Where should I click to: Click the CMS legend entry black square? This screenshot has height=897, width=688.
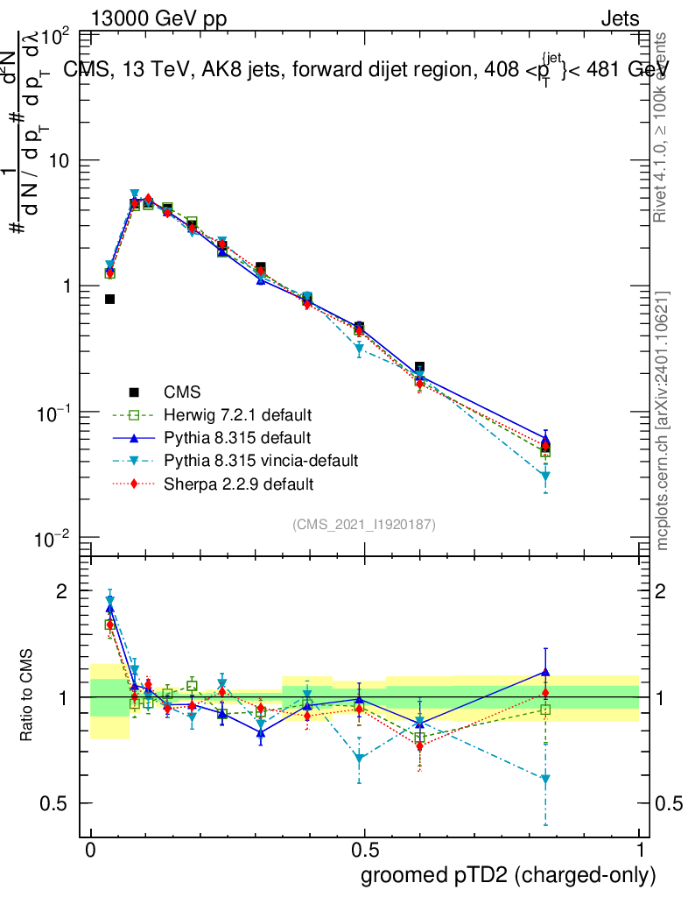coord(134,392)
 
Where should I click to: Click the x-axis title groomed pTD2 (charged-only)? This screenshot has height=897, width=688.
coord(508,875)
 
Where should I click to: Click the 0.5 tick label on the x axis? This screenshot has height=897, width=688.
coord(364,851)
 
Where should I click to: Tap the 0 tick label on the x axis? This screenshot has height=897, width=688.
coord(90,851)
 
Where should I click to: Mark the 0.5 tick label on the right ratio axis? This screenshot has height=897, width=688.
coord(669,804)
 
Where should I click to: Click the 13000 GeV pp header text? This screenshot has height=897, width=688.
coord(158,19)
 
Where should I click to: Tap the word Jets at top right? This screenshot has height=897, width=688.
coord(619,19)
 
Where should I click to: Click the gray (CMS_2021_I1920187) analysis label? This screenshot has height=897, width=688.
coord(364,525)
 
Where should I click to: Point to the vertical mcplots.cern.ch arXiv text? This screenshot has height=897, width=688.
coord(663,420)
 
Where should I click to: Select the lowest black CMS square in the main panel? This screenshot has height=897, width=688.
coord(110,300)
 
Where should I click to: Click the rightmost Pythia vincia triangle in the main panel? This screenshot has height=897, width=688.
coord(545,477)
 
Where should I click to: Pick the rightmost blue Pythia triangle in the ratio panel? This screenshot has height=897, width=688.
coord(545,672)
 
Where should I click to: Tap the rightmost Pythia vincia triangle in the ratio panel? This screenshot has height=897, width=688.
coord(545,779)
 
